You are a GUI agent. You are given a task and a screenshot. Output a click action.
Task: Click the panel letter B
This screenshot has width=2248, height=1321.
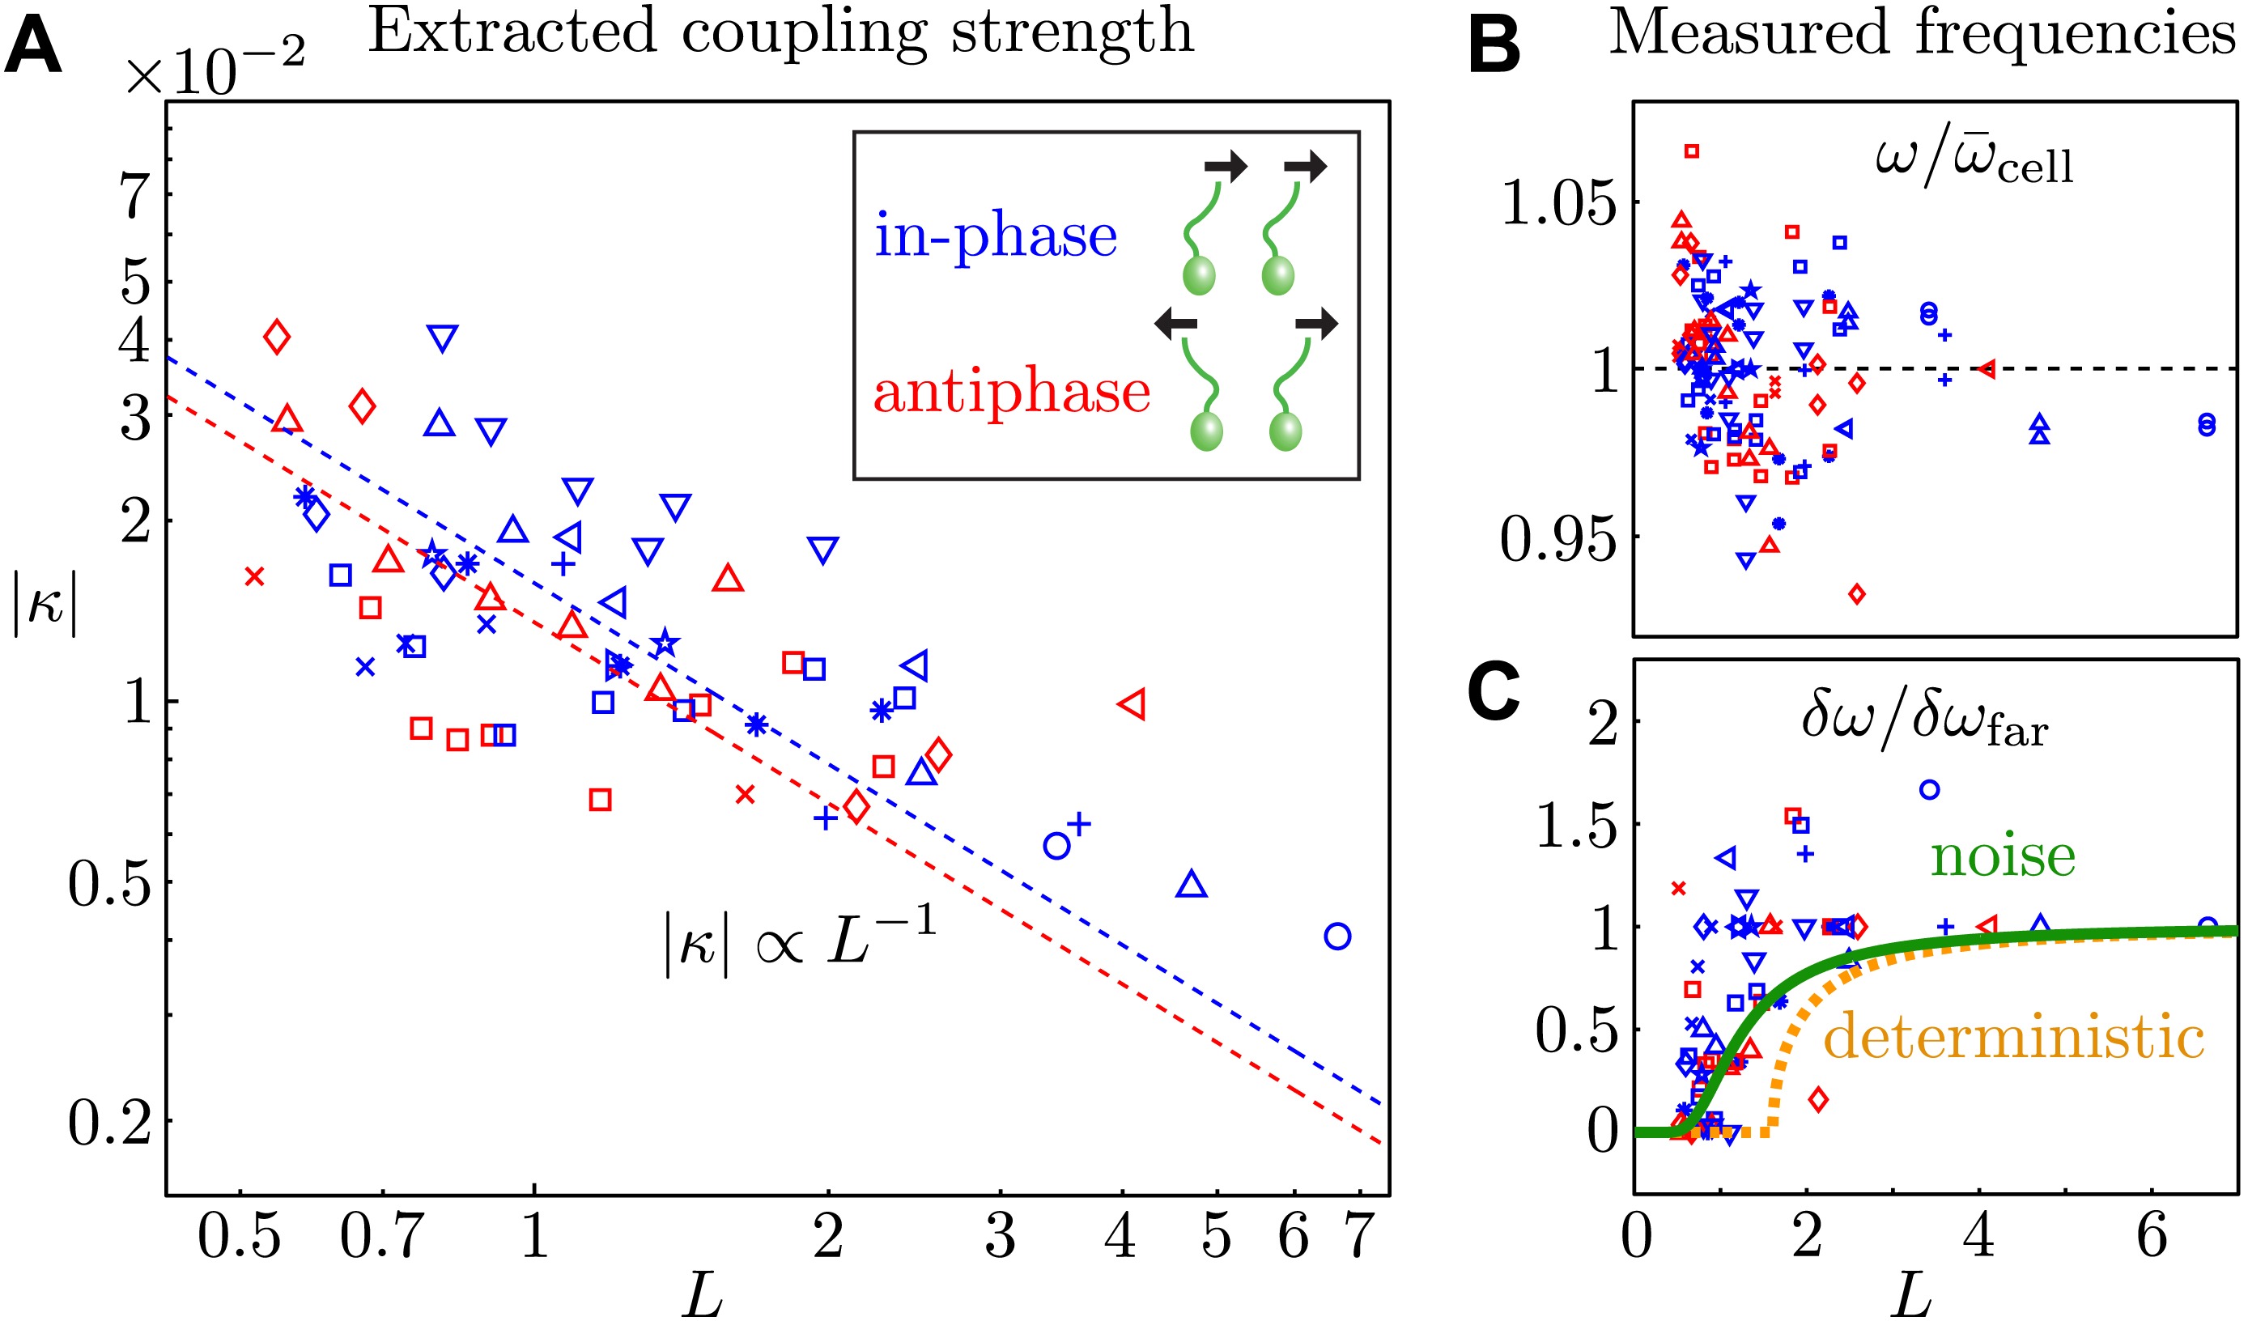coord(1494,46)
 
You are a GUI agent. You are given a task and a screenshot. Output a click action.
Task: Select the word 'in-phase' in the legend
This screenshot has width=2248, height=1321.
coord(995,236)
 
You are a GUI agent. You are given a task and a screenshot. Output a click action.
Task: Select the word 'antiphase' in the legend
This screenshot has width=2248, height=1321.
coord(1011,393)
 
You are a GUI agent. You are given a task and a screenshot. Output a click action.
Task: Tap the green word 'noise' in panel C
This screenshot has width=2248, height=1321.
coord(2003,856)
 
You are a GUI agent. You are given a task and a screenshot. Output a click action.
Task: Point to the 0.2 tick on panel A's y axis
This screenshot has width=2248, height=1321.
coord(108,1122)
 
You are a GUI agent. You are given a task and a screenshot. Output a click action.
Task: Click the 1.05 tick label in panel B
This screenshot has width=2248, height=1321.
coord(1557,202)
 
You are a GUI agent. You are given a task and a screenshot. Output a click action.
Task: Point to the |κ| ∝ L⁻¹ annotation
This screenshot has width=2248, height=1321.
coord(799,944)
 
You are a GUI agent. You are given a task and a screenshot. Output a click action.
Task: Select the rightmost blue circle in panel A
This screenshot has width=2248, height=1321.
coord(1337,937)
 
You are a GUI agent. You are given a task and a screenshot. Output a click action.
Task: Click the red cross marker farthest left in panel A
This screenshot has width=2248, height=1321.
coord(254,577)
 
